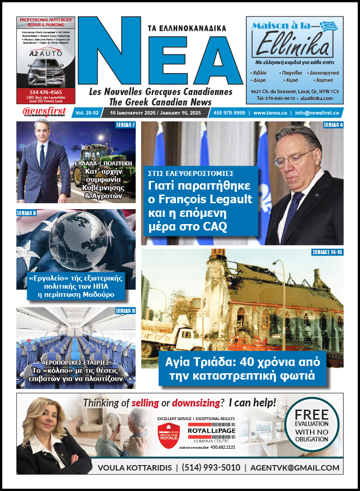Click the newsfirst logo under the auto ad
(x=44, y=112)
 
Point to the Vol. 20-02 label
(x=88, y=112)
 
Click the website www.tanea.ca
(x=271, y=112)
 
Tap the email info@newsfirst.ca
(x=317, y=112)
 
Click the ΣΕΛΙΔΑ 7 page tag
(x=125, y=125)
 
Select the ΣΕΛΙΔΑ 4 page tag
(x=333, y=125)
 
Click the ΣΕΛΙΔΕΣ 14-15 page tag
(x=327, y=252)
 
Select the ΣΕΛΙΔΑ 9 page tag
(x=125, y=311)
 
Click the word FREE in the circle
(x=311, y=414)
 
